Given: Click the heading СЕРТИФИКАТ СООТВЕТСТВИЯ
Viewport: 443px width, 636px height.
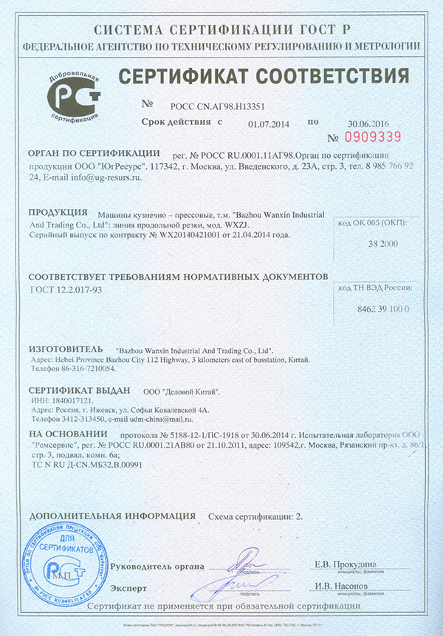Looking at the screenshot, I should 264,76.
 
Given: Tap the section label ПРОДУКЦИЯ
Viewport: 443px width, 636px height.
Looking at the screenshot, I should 57,211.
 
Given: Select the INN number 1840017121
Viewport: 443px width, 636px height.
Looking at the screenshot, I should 67,400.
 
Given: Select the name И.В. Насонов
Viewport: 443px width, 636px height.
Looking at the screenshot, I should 345,587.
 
